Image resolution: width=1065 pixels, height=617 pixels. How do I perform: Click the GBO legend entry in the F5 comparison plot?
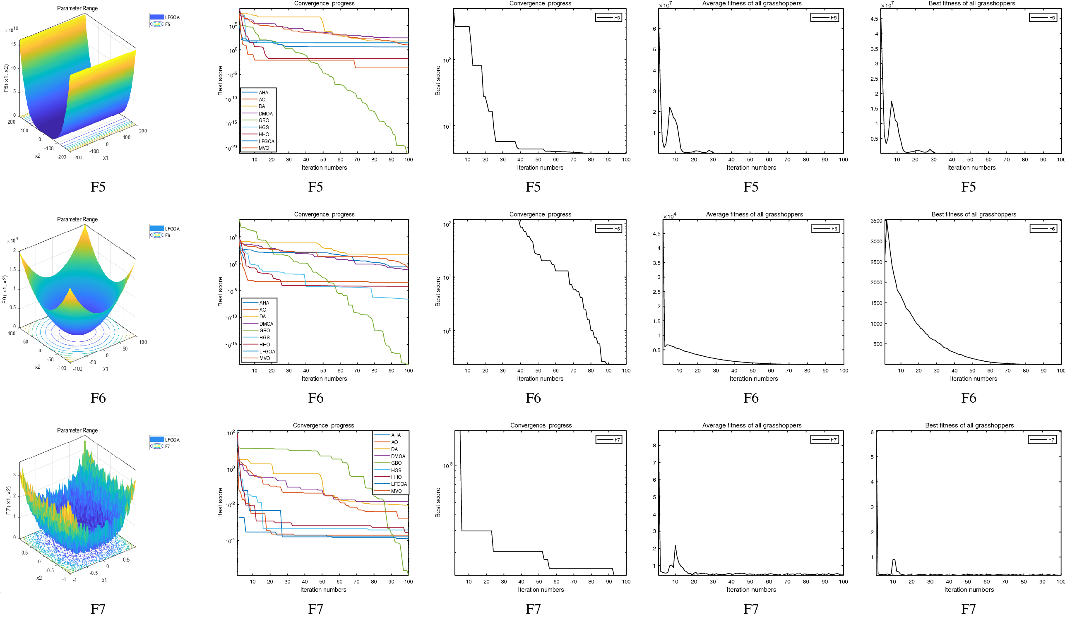click(263, 120)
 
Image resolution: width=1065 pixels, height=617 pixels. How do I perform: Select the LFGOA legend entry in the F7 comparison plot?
click(398, 484)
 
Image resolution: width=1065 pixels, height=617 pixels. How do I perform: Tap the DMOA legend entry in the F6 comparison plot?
click(266, 324)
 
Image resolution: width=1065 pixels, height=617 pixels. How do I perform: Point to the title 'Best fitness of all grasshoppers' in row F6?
click(973, 214)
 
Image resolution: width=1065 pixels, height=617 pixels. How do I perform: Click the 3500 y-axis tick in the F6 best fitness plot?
click(876, 221)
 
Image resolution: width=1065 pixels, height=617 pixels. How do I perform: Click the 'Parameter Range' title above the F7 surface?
click(77, 430)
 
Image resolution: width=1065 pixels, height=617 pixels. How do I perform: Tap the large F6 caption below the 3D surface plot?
click(98, 398)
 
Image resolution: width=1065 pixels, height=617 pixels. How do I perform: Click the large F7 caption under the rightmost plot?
click(968, 609)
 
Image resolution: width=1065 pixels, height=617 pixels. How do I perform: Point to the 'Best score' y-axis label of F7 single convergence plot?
click(438, 502)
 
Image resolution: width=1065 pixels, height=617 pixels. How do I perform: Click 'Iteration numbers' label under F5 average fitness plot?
click(751, 168)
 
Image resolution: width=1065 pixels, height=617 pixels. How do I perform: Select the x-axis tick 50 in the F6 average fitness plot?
click(752, 371)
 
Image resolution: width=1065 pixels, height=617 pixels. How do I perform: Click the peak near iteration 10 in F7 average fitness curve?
click(676, 545)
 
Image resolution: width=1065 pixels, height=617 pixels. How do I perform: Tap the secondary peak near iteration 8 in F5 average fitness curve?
click(670, 108)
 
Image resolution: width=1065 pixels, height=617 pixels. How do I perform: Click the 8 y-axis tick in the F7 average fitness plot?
click(654, 445)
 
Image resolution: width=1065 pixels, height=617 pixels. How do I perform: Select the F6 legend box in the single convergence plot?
click(608, 228)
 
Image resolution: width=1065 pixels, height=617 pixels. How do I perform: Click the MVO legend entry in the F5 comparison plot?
click(263, 148)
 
